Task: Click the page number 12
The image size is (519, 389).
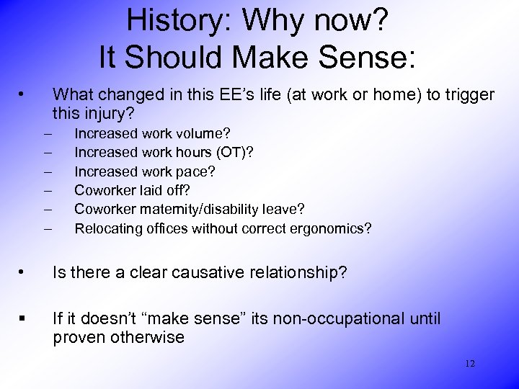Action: pos(469,364)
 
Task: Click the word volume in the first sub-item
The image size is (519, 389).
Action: pos(205,133)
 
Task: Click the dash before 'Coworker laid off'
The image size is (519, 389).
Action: pos(48,191)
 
